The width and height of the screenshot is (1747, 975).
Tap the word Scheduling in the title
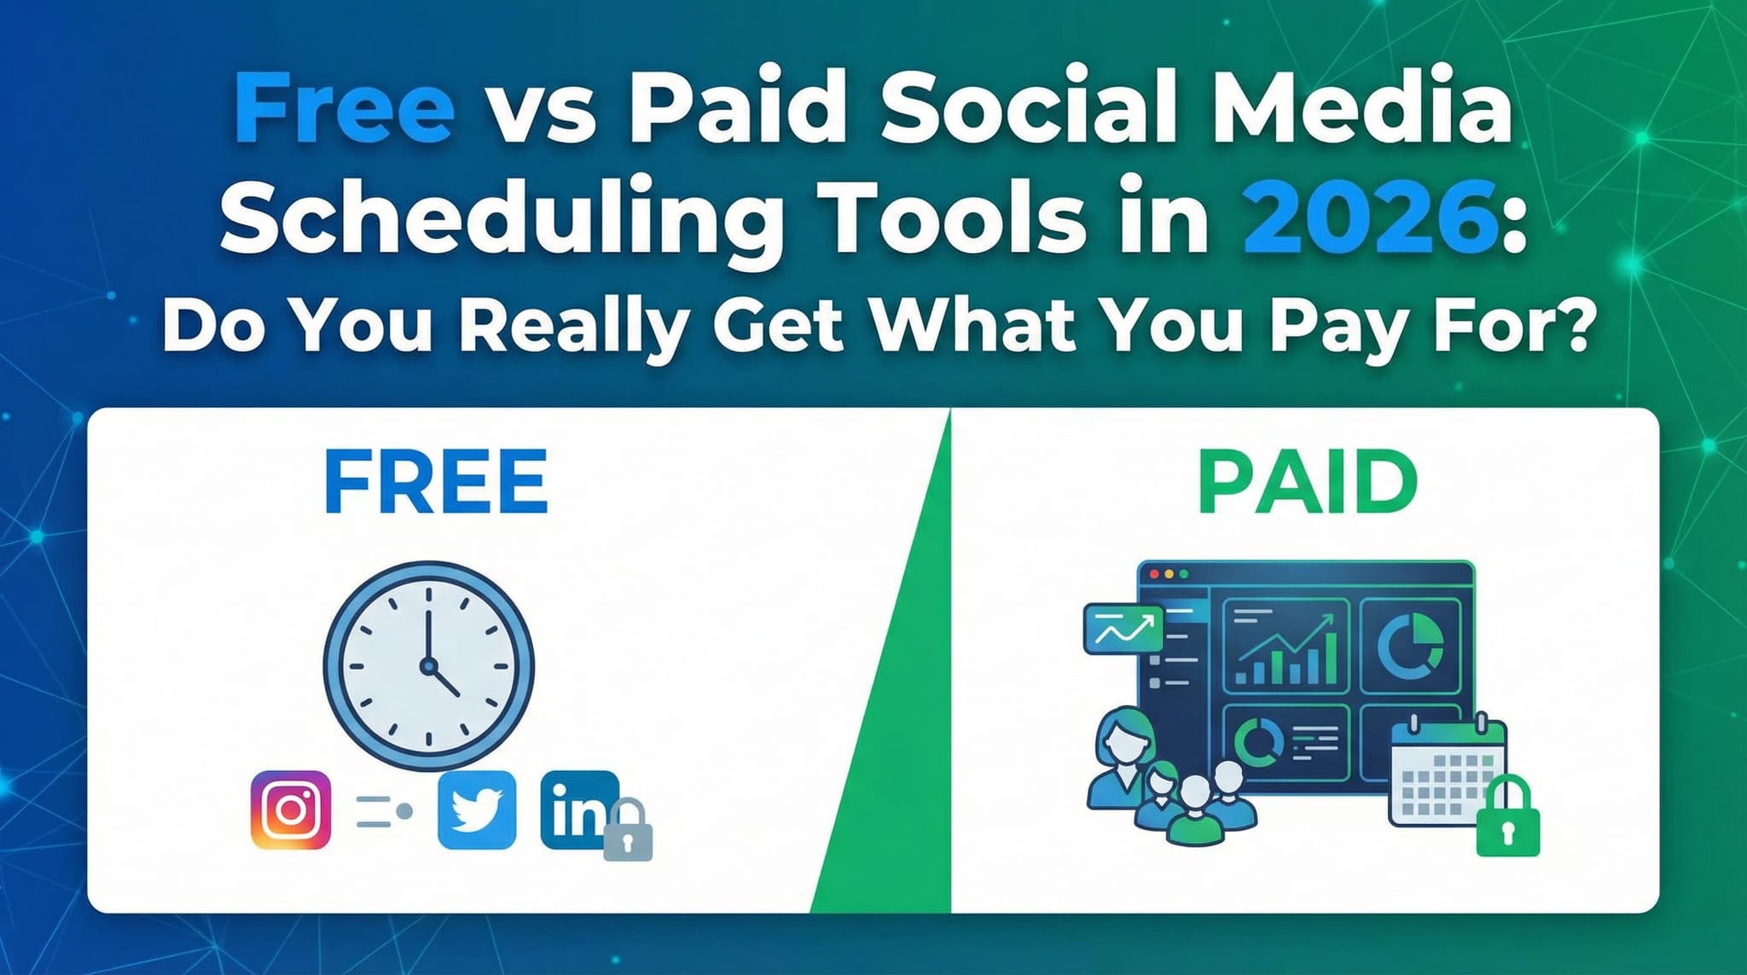point(502,218)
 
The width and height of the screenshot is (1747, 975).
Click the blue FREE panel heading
point(436,482)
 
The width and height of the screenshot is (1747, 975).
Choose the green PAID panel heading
point(1307,482)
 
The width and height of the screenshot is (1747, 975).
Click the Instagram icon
point(291,810)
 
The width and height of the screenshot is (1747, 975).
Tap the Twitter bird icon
point(476,810)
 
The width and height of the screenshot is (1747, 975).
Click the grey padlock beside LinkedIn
point(628,832)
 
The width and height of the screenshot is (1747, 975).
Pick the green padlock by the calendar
point(1508,819)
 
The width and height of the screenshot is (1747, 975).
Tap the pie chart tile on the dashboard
point(1410,645)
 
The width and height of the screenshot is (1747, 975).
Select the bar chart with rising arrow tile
point(1286,645)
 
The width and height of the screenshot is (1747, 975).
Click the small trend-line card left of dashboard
point(1123,630)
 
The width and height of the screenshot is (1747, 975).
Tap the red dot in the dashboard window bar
point(1154,574)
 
